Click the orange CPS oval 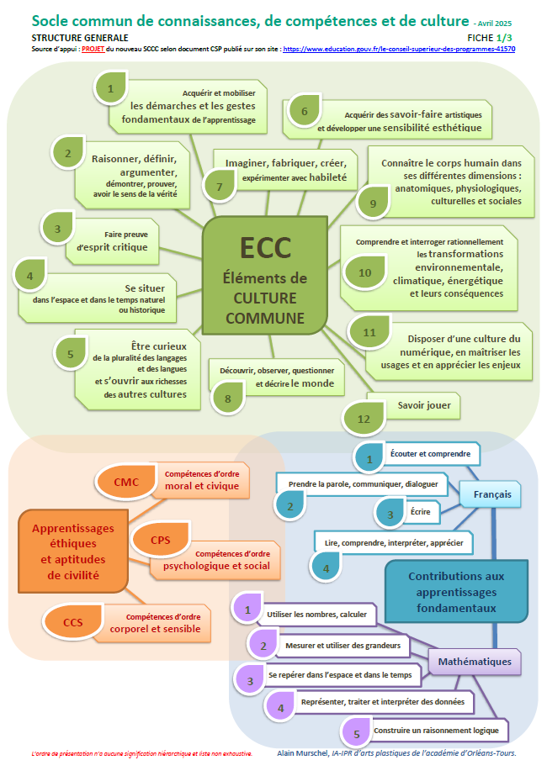point(161,539)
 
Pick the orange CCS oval point(73,622)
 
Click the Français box point(491,494)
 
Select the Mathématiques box point(475,662)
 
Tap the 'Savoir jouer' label point(424,405)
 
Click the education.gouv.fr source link point(399,50)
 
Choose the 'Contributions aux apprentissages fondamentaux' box point(456,592)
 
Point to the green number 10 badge point(364,272)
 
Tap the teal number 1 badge point(369,458)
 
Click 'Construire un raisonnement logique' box point(438,730)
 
